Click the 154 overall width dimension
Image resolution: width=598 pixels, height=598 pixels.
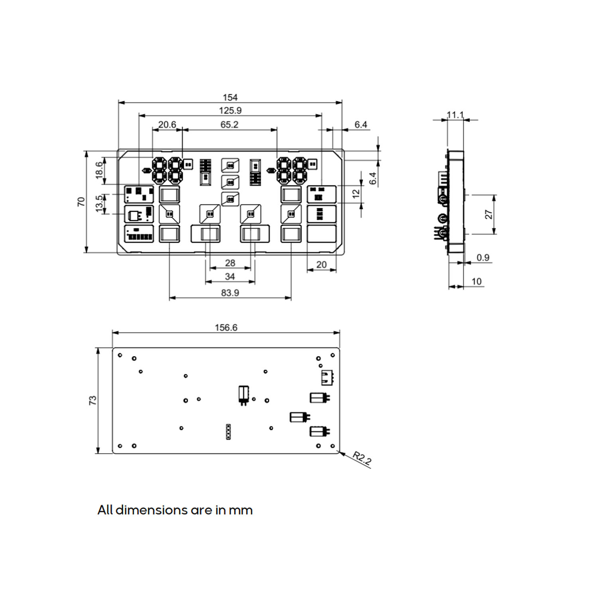pos(230,97)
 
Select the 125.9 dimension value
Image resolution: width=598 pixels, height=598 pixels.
pos(230,110)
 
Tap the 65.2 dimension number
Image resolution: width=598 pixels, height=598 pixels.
pos(229,124)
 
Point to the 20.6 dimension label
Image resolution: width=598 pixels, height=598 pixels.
pos(167,124)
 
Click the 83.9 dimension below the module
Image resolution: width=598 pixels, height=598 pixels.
pos(230,293)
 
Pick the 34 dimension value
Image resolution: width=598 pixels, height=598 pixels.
pos(230,276)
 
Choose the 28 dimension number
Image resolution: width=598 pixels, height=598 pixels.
pos(230,263)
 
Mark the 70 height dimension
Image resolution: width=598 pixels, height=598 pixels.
pos(81,202)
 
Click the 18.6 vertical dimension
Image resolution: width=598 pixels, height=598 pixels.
pos(99,171)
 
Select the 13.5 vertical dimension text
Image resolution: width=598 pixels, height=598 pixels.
pos(99,204)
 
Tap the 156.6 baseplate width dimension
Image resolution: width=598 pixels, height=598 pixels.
pos(226,327)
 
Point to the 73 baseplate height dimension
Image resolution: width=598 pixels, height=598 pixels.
pos(92,400)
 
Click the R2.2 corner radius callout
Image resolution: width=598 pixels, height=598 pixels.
pos(362,458)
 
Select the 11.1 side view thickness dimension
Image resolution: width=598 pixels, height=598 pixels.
pos(455,115)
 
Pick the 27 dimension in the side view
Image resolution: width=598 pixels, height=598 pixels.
pos(489,214)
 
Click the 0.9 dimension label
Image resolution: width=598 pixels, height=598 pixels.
pos(483,258)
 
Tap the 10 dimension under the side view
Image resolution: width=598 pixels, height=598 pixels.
pos(476,281)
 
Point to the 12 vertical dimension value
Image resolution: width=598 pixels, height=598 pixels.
pos(356,194)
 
